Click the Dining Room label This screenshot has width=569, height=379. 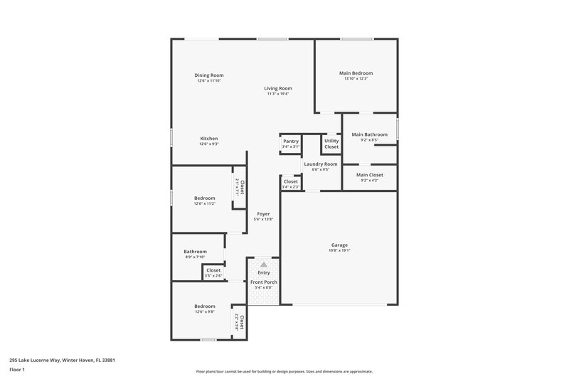coord(209,75)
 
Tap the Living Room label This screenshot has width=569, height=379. coord(278,88)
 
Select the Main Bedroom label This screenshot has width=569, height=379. coord(356,73)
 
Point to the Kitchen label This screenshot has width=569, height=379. coord(208,138)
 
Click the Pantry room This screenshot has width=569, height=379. coord(291,143)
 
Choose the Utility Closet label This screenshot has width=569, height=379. coord(331,143)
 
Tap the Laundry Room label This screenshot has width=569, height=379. coord(320,164)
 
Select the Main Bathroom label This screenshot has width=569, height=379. coord(370,134)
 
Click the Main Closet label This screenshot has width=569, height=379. coord(370,175)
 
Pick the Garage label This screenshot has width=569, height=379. coord(339,245)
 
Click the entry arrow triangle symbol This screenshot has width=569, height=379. coord(264,264)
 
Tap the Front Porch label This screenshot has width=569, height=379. coord(264,282)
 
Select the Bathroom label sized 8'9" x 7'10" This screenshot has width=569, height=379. coord(195,251)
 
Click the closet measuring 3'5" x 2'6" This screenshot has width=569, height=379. coord(213,273)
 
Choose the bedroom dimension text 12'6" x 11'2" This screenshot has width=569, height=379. coord(205,203)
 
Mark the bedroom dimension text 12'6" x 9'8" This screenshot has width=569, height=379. coord(205,312)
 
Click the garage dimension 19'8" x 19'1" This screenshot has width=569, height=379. coord(339,250)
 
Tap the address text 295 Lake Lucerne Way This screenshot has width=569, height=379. coord(63,360)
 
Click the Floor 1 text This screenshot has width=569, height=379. coord(17,370)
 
